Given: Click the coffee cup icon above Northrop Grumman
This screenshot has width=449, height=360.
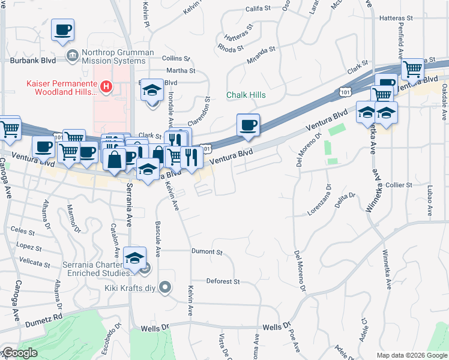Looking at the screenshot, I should [62, 29].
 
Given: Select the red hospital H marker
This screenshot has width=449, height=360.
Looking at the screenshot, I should [106, 88].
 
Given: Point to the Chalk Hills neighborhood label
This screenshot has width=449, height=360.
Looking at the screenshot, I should [246, 95].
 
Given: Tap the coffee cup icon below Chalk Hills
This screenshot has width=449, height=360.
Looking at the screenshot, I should [248, 125].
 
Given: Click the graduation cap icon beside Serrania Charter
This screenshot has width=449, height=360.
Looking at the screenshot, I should [134, 259].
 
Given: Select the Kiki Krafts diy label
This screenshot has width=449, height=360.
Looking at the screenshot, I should [125, 287].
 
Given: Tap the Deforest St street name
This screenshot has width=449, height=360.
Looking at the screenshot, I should [223, 281].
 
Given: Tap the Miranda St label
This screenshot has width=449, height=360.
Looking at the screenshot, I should [261, 55].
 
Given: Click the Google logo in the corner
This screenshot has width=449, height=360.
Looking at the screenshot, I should [20, 353].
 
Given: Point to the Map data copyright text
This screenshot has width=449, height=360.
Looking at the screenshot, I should [412, 355].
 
